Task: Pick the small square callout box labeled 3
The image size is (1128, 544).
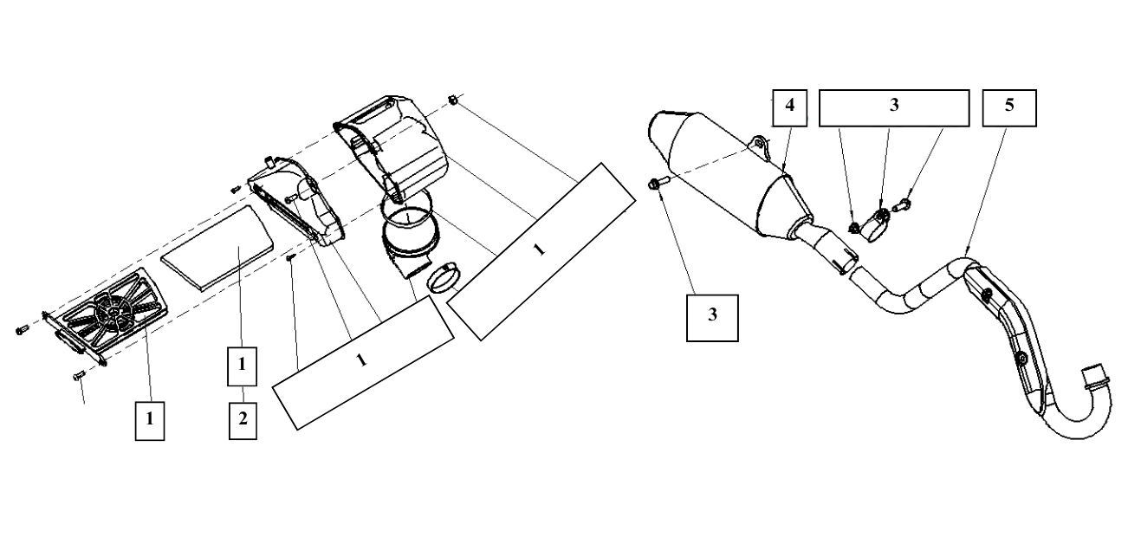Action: coord(712,317)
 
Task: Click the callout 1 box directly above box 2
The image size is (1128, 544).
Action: coord(243,366)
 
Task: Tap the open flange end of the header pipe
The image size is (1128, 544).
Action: coord(1095,372)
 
